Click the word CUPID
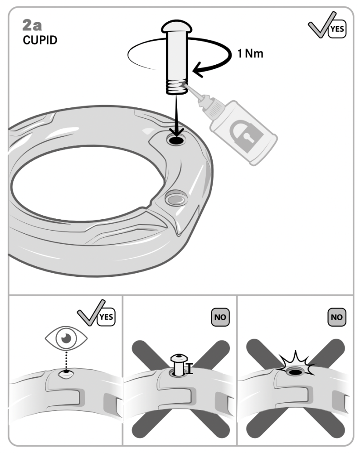(40, 40)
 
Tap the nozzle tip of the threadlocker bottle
(187, 82)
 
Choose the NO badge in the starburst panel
(336, 317)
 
